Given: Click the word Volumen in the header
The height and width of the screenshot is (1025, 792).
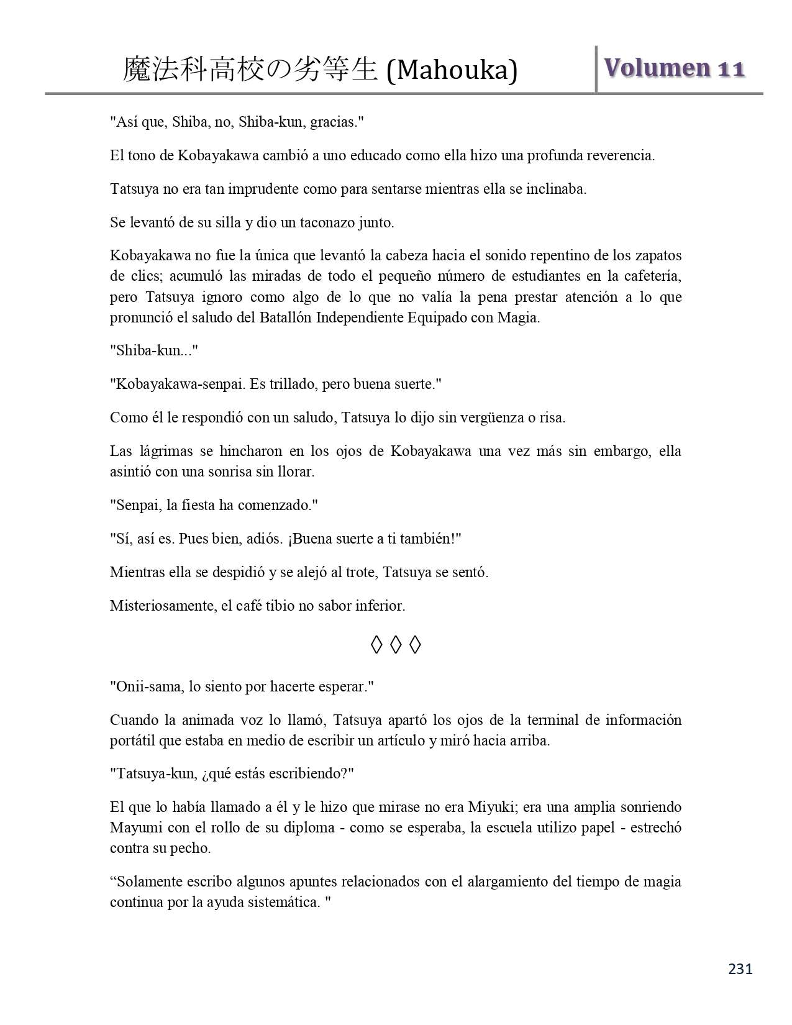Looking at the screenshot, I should (x=657, y=68).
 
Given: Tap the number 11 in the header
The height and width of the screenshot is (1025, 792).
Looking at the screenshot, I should (x=731, y=69).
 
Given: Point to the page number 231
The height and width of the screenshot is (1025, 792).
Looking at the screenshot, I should (x=740, y=969).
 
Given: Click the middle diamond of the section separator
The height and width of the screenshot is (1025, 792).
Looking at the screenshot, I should (x=396, y=645).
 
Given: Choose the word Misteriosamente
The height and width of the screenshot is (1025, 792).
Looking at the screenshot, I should (x=163, y=605).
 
